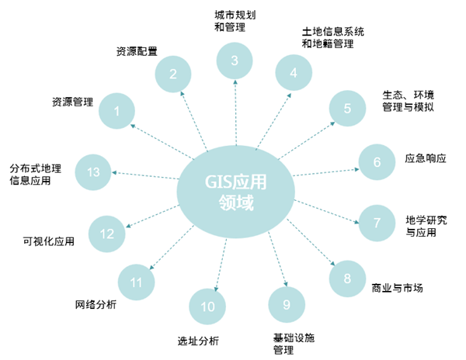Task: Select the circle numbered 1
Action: [116, 111]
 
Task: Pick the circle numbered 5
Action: [347, 108]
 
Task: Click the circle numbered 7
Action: [377, 223]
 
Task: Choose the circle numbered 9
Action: [286, 304]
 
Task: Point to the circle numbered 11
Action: [137, 282]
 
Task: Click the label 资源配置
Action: [137, 52]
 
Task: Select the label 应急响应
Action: [426, 158]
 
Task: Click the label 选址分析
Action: [198, 341]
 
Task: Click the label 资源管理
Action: [72, 101]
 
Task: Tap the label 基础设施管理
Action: [294, 344]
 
